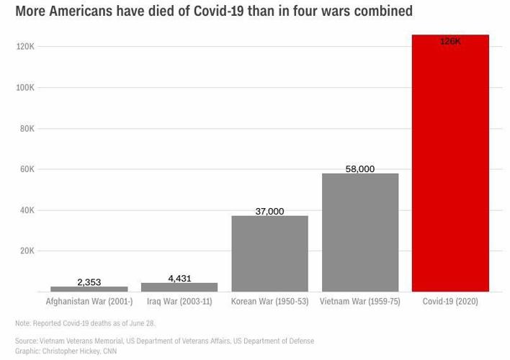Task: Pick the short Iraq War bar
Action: pos(179,287)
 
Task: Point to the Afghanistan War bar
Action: pos(89,289)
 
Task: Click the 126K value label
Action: pos(450,42)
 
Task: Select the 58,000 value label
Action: pos(360,169)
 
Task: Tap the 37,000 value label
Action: pos(269,212)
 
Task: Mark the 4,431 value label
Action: pos(179,278)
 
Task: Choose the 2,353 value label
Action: pos(89,282)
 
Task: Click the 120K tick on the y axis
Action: pos(26,47)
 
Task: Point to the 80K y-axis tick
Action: pos(27,129)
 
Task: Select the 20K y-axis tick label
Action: pos(27,251)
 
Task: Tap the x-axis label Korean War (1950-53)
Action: pos(269,302)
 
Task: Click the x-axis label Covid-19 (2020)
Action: pos(450,302)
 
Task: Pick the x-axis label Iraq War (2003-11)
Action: pos(179,302)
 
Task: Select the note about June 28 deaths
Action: pos(85,323)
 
